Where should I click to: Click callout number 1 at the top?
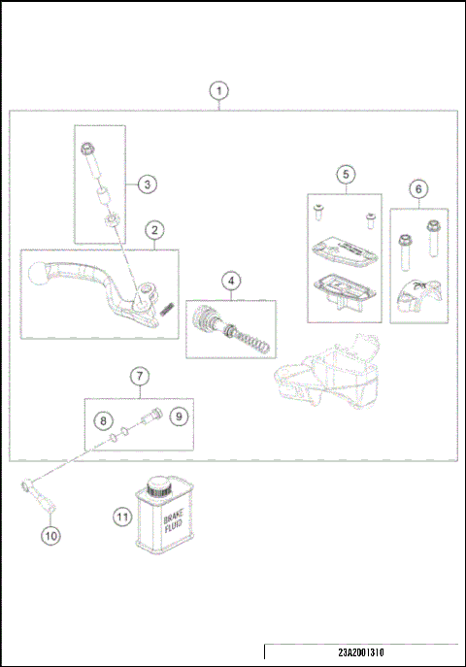[220, 91]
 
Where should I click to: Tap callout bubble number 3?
[146, 183]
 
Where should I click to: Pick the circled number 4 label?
[231, 281]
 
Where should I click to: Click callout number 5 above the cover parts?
[345, 174]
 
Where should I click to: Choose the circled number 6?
[417, 188]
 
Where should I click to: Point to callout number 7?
[139, 375]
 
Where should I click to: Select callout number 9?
[178, 417]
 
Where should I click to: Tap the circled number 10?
[50, 533]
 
